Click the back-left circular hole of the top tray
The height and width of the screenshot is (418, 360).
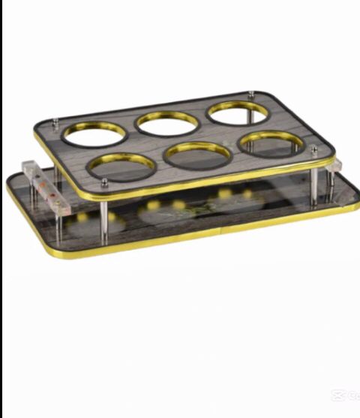[x=94, y=133]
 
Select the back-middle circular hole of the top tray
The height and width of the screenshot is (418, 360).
[x=166, y=122]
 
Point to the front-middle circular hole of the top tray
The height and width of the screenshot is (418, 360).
[x=198, y=155]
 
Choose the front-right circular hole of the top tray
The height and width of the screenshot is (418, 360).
[x=271, y=143]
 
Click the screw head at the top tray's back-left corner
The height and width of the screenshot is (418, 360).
[x=56, y=118]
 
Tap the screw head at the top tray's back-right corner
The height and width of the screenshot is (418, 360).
[x=250, y=94]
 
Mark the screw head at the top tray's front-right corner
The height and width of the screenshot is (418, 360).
[x=313, y=149]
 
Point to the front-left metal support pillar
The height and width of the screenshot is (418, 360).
[x=104, y=218]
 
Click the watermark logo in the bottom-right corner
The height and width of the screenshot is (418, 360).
[x=346, y=395]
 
